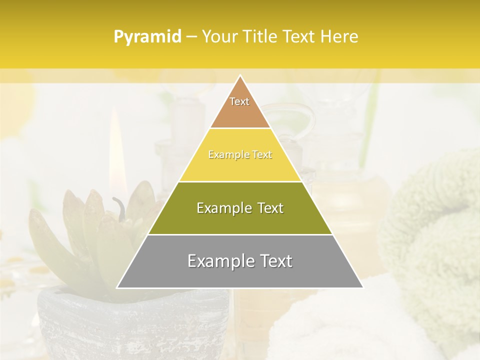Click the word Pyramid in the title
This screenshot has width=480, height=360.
(147, 37)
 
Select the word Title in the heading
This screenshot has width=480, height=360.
(262, 37)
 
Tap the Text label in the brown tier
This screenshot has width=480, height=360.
(239, 101)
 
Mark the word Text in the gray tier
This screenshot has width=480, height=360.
(275, 261)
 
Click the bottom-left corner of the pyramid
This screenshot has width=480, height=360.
(117, 287)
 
